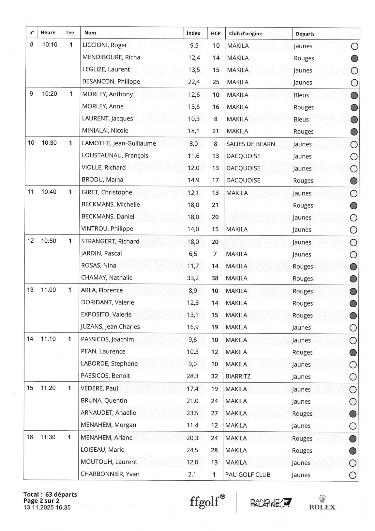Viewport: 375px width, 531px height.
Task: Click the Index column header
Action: point(193,33)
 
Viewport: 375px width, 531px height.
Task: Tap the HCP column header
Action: point(216,33)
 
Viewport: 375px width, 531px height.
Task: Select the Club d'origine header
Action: point(245,34)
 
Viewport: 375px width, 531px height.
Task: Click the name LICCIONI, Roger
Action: point(105,45)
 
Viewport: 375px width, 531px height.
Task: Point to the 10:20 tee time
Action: point(49,94)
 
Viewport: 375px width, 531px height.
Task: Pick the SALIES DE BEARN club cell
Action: point(250,144)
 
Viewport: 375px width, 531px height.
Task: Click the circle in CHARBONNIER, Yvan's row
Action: point(352,475)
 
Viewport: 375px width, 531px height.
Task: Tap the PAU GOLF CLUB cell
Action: point(247,475)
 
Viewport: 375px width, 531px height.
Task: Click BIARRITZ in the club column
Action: point(238,376)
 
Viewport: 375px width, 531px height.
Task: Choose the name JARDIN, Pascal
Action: point(101,253)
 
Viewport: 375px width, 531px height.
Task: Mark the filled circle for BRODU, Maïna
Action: point(353,181)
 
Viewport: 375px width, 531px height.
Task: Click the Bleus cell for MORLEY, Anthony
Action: point(301,95)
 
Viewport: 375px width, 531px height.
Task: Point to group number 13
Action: point(30,290)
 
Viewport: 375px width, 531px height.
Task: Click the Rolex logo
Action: point(322,503)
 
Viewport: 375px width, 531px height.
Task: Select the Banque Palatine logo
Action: point(271,503)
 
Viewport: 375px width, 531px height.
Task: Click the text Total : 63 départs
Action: point(50,494)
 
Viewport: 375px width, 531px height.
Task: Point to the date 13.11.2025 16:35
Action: point(47,507)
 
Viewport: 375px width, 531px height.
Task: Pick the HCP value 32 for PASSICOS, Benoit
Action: point(214,376)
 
